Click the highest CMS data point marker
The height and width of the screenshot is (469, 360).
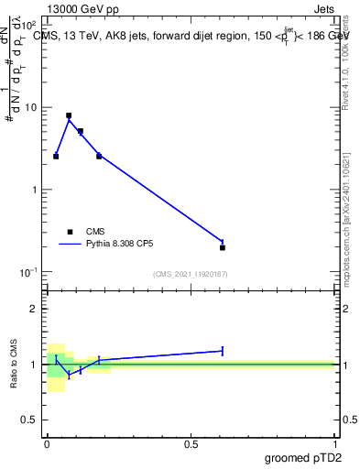pos(69,116)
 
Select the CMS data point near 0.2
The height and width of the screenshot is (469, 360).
pos(99,156)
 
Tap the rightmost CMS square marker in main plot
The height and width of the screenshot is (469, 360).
pos(223,247)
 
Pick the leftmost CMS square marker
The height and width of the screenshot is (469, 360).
pos(56,157)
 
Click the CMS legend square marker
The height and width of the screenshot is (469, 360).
pos(70,232)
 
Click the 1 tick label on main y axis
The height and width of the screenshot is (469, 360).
pos(35,190)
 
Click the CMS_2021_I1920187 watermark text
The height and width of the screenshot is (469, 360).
pos(190,274)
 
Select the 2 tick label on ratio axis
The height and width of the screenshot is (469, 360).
pos(35,309)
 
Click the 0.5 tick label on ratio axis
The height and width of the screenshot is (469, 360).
pos(29,420)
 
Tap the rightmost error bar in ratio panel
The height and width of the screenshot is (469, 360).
pos(223,351)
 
